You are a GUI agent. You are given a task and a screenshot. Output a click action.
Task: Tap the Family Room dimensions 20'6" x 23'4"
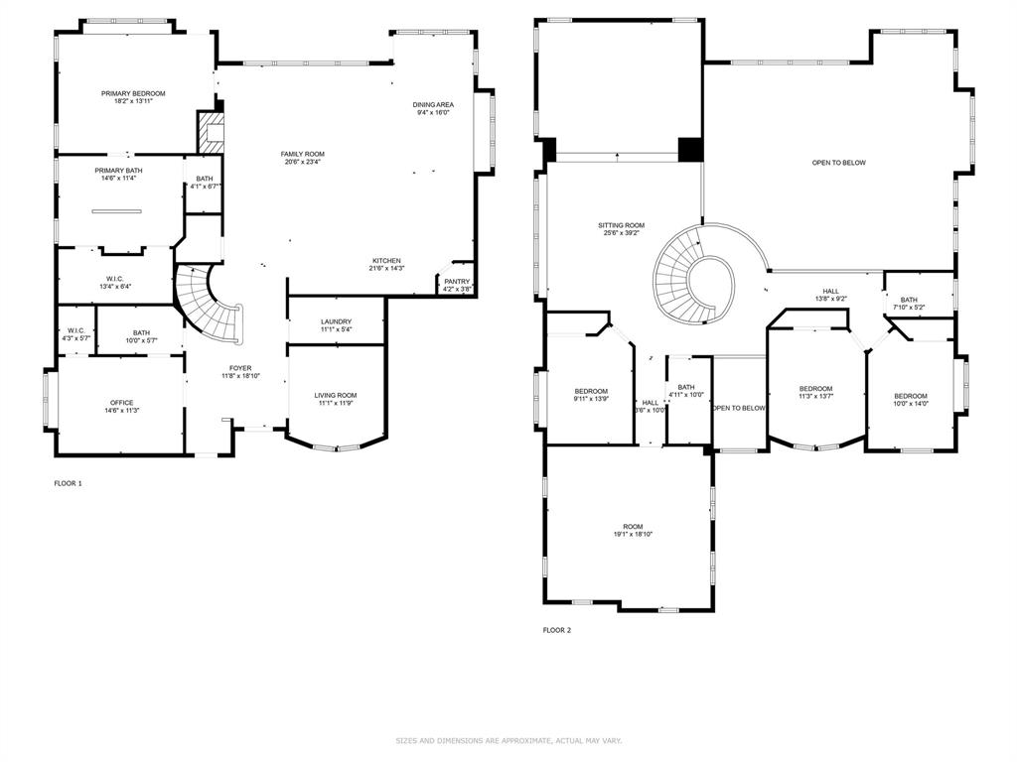(x=302, y=162)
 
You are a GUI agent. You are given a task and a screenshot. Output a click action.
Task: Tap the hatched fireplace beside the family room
(x=211, y=133)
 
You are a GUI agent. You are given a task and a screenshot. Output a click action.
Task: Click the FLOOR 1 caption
(x=69, y=483)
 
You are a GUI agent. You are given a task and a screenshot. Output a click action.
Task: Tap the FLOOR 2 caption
(x=557, y=630)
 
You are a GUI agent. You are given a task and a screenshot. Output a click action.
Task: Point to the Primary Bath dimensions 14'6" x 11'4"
(x=119, y=178)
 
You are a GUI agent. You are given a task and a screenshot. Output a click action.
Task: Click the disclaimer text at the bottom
(x=508, y=740)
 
